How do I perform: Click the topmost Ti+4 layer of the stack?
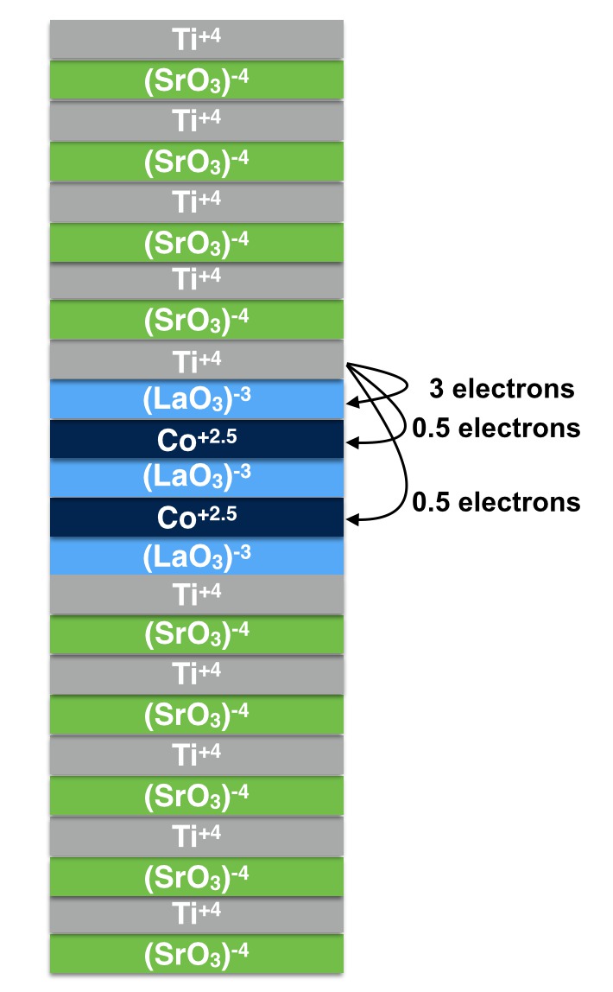(197, 38)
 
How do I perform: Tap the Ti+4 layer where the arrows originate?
(197, 359)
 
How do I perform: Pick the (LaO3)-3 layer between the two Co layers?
(197, 478)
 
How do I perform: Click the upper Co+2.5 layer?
(197, 439)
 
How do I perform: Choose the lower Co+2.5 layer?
(197, 517)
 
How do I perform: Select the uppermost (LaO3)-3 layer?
(197, 399)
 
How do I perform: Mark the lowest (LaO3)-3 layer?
(197, 555)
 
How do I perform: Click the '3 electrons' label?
(501, 389)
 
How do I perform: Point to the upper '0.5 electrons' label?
(496, 428)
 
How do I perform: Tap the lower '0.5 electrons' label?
(496, 501)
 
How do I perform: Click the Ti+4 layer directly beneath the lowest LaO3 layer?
(197, 594)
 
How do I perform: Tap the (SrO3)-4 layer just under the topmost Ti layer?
(197, 79)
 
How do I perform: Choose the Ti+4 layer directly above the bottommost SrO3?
(197, 914)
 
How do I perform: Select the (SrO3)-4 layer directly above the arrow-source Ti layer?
(197, 320)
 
